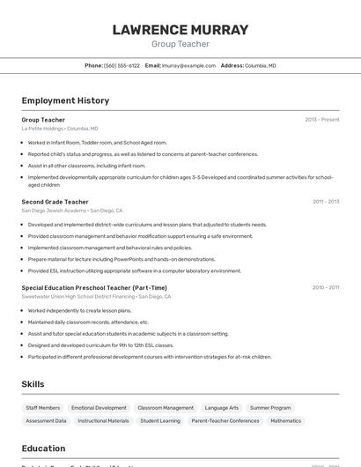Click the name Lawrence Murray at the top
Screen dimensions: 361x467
(x=180, y=30)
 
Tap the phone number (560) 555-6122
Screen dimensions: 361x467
(x=122, y=65)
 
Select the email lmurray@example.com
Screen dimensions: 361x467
(x=188, y=65)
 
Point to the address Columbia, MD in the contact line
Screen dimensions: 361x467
(x=260, y=65)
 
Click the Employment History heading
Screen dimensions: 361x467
(x=65, y=100)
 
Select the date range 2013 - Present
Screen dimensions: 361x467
(x=321, y=120)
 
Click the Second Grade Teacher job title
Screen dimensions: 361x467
(x=55, y=202)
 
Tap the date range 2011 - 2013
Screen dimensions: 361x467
(x=325, y=202)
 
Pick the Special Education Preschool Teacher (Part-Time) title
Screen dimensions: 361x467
(x=94, y=287)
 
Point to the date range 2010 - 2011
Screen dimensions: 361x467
(x=325, y=287)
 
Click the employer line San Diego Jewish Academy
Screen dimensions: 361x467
(x=54, y=211)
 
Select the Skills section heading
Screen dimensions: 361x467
(x=33, y=384)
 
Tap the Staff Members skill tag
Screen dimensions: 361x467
(x=43, y=408)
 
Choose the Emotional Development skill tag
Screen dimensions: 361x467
(x=99, y=408)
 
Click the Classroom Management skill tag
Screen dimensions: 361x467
(x=166, y=408)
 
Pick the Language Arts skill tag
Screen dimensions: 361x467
(x=222, y=408)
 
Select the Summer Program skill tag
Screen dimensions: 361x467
(x=270, y=408)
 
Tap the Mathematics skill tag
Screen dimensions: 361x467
(x=285, y=421)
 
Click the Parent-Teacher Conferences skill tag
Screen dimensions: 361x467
(x=225, y=421)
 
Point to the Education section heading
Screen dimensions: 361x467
(x=43, y=448)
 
